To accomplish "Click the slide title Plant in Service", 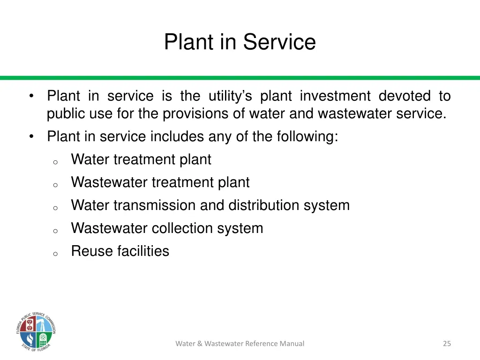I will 240,42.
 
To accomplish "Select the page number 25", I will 447,344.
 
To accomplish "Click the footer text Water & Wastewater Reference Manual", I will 240,344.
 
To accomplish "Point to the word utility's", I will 230,96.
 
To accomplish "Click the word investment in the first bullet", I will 335,96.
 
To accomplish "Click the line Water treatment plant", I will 141,160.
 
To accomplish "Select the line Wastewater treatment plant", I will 160,182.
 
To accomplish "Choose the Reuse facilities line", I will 120,251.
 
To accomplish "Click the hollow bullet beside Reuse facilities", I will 55,254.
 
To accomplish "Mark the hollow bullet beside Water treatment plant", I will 55,162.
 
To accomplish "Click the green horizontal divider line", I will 240,78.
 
